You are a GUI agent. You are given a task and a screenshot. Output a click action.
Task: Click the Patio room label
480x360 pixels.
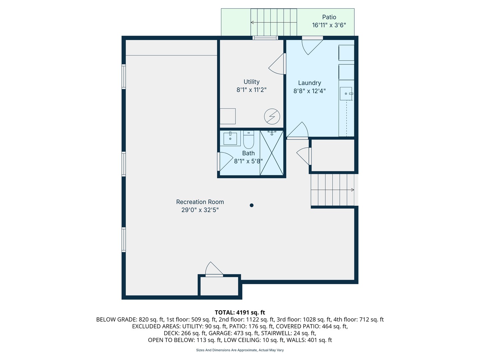[329, 17]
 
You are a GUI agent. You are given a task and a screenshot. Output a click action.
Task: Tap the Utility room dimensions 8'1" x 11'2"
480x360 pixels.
[251, 90]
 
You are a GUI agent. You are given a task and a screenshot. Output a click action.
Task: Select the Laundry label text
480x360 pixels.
[309, 83]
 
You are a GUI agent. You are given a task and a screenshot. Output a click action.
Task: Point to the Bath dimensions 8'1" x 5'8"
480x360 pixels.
[248, 161]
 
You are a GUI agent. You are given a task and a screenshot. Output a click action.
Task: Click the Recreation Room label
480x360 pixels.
[200, 202]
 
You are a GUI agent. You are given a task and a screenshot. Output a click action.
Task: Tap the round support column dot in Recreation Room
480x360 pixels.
[251, 205]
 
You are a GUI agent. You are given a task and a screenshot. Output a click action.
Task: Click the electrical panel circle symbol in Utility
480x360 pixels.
[272, 117]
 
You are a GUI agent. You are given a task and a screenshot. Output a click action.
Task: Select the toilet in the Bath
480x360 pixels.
[248, 140]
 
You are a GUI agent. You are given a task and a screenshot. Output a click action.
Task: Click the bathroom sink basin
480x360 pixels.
[230, 138]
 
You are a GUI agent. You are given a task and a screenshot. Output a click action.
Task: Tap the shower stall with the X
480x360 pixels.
[271, 153]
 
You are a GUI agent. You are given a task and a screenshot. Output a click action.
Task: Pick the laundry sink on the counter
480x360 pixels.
[346, 94]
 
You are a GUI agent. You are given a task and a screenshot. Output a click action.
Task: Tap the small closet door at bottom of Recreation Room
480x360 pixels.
[214, 269]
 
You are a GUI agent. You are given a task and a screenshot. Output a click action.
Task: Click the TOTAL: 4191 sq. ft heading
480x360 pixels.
[240, 312]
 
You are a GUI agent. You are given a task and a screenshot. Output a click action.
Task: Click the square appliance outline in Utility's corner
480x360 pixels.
[228, 116]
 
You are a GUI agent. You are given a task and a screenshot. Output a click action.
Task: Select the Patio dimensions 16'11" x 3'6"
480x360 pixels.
[329, 25]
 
